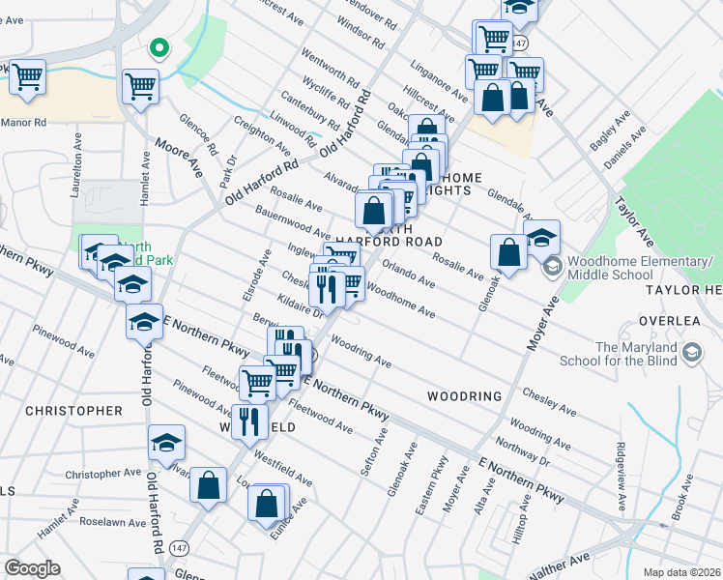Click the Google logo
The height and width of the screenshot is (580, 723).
pos(32,568)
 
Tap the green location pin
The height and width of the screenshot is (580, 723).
pos(159,46)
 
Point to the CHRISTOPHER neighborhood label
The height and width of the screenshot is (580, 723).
pos(74,411)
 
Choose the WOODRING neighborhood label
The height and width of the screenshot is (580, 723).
pos(465,396)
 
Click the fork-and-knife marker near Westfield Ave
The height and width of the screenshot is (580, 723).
pos(250,420)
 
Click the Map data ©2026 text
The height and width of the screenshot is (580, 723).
pos(680,572)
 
